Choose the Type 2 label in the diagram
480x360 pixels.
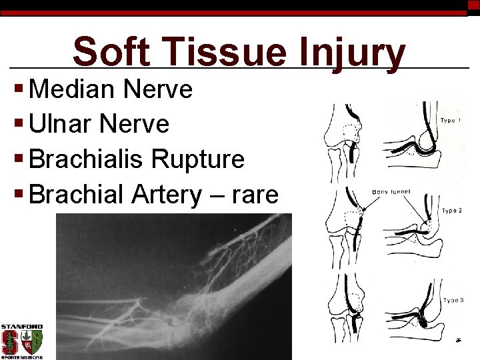point(452,211)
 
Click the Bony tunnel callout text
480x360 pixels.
point(391,192)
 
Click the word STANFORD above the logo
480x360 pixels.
point(22,327)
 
